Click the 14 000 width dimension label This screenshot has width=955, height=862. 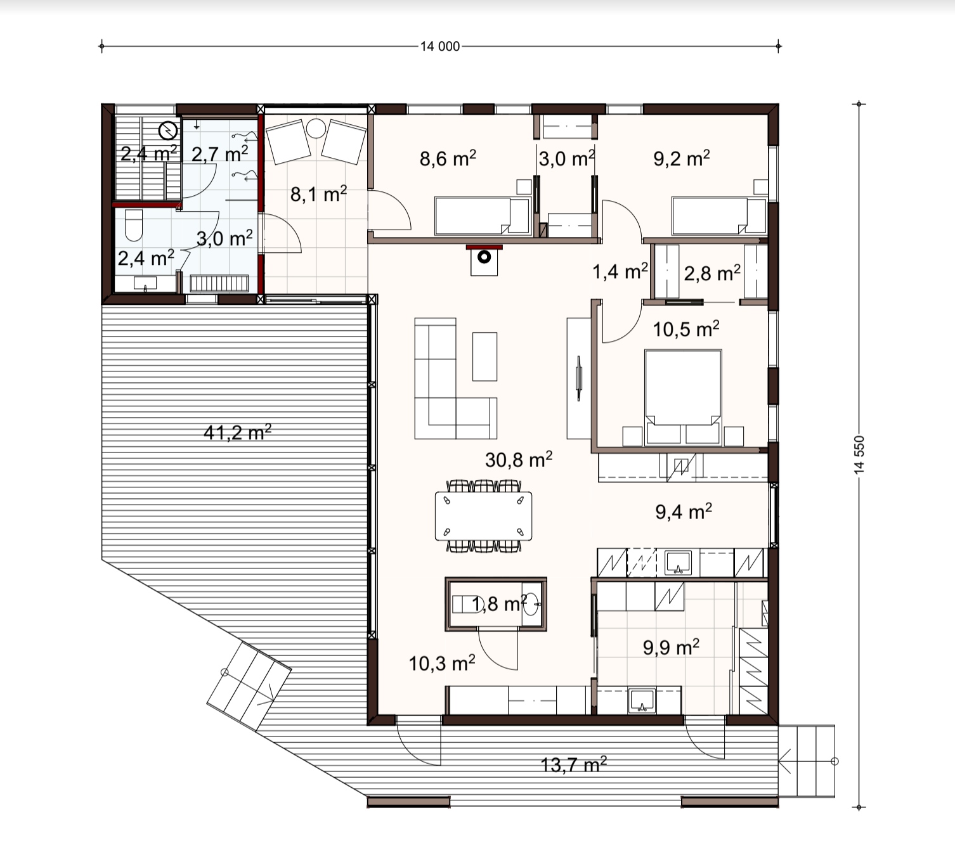[x=440, y=46]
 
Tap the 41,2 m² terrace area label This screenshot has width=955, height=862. [x=238, y=432]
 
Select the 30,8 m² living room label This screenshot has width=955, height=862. [x=519, y=460]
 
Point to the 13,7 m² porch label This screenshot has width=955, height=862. [x=574, y=764]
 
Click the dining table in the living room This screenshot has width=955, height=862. [x=483, y=516]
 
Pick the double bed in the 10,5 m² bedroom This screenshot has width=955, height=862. [x=683, y=397]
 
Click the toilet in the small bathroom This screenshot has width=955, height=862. [x=134, y=225]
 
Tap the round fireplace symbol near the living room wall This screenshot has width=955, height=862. [x=484, y=257]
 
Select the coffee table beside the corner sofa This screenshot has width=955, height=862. [x=484, y=356]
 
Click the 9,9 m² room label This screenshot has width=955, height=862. [x=672, y=647]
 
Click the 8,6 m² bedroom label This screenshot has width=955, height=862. [x=448, y=158]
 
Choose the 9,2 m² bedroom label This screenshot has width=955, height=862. [x=682, y=158]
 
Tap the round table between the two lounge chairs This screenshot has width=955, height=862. [x=316, y=128]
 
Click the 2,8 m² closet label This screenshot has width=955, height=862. [x=712, y=273]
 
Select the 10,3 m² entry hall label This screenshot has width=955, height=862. [x=442, y=662]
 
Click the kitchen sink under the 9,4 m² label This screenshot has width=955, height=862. [x=678, y=563]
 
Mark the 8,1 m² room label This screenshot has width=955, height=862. [x=318, y=194]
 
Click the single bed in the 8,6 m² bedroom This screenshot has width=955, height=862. [x=483, y=217]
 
